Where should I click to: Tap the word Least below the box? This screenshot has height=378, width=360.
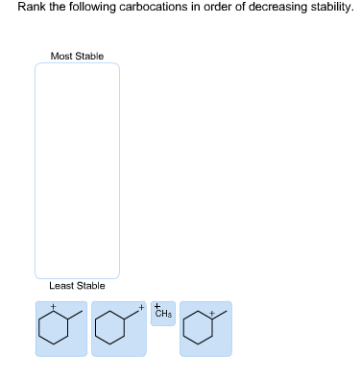60,286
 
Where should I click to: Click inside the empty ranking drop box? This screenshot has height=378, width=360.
77,170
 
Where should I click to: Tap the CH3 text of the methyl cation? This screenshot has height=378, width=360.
163,316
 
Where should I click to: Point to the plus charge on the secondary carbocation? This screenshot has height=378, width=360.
54,308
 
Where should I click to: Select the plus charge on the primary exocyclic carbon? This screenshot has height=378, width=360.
141,307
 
